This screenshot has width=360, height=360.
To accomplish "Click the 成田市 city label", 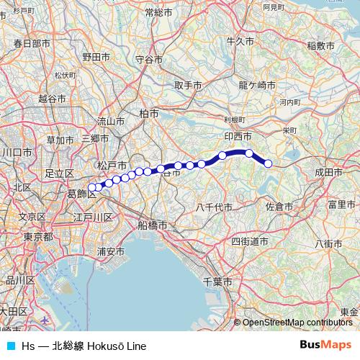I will [x=328, y=173].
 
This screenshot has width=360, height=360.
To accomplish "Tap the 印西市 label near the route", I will [x=237, y=135].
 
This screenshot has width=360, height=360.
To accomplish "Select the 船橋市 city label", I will [x=153, y=225].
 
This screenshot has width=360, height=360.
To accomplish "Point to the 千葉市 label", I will [x=217, y=279].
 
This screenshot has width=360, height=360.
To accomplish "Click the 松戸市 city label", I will [x=111, y=166].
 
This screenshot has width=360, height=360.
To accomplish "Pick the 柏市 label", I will [x=149, y=113].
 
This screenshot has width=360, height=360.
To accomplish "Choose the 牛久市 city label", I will [x=240, y=42].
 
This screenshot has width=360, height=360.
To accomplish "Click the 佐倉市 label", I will [x=279, y=207].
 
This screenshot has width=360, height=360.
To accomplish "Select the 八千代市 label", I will [x=214, y=207].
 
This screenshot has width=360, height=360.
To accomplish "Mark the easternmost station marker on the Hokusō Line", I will [x=268, y=163].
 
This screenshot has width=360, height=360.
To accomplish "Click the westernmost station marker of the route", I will [x=91, y=188].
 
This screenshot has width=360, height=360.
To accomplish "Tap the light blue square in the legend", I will [x=9, y=346].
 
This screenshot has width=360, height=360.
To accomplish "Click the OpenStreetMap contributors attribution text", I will [x=297, y=323].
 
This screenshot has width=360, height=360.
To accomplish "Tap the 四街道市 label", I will [x=250, y=241].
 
